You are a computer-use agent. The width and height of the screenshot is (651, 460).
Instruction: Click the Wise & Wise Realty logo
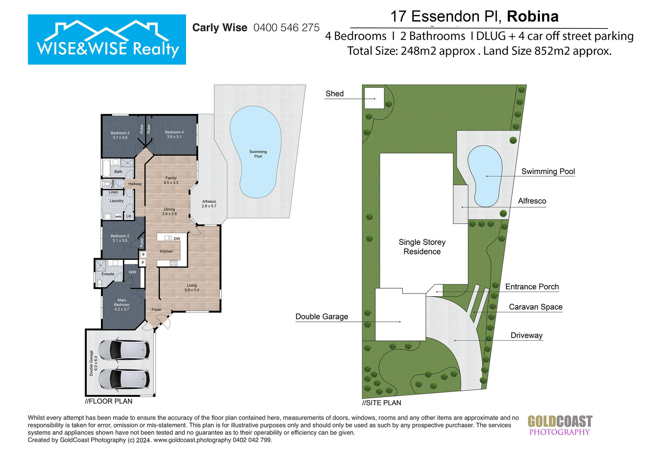[x=107, y=39]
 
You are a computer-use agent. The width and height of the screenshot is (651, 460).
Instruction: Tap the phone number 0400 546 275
[x=286, y=28]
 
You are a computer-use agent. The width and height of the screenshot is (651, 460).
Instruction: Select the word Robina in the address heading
[x=533, y=16]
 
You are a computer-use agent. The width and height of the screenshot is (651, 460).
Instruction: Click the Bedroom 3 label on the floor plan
[x=120, y=135]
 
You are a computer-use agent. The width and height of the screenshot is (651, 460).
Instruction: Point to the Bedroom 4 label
[x=174, y=134]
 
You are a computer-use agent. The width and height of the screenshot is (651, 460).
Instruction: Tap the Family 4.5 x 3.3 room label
[x=171, y=180]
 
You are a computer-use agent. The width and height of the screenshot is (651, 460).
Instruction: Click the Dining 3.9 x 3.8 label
[x=169, y=211]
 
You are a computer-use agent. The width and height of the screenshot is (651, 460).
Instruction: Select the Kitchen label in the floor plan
[x=166, y=251]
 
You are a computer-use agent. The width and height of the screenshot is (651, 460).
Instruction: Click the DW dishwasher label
[x=177, y=239]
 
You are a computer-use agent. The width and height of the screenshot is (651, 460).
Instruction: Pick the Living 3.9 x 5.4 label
[x=192, y=288]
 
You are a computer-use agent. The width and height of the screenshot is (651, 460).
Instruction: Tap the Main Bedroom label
[x=122, y=305]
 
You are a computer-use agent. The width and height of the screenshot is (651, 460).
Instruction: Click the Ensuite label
[x=108, y=274]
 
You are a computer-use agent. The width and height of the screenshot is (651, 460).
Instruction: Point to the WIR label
[x=132, y=272]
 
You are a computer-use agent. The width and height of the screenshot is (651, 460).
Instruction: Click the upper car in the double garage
[x=125, y=350]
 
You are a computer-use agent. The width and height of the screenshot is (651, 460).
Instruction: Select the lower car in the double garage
[x=125, y=379]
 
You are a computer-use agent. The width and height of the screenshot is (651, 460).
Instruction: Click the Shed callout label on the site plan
[x=334, y=94]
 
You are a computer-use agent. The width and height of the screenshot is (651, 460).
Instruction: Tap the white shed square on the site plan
[x=374, y=98]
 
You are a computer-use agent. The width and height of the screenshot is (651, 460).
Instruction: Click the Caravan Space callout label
[x=535, y=307]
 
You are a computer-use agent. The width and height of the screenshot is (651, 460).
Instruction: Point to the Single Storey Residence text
[x=422, y=247]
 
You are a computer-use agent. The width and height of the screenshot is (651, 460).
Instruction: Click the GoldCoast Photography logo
[x=560, y=425]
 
